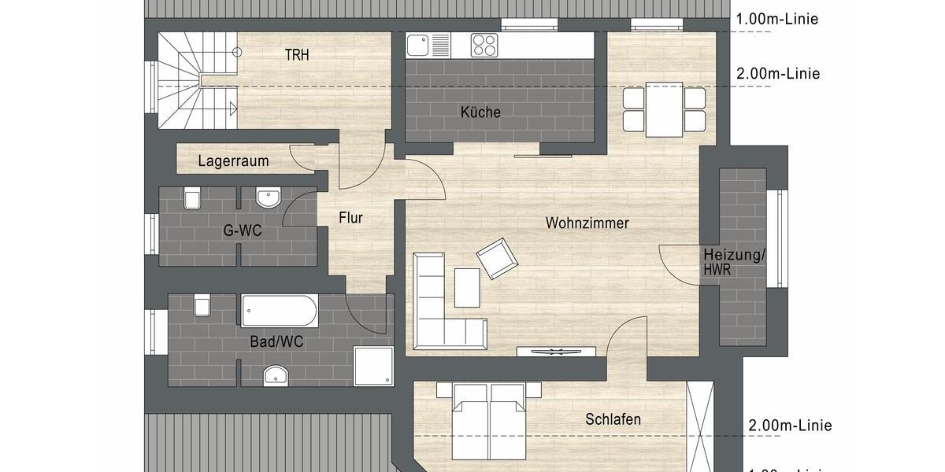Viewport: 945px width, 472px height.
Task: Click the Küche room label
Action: point(480,112)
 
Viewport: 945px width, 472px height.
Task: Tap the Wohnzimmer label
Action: point(587,223)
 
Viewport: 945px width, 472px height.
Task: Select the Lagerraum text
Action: point(233,161)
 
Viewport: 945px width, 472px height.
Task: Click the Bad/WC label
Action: point(276,342)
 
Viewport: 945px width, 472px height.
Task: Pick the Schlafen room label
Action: point(613,419)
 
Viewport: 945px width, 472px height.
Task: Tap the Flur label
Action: point(350,218)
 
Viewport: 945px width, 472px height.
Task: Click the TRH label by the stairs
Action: point(298,54)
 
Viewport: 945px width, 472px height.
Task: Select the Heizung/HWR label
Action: point(734,261)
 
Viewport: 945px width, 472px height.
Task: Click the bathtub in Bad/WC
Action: point(280,311)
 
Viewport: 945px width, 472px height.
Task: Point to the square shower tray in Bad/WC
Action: point(373,367)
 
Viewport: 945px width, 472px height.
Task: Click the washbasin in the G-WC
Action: point(268,197)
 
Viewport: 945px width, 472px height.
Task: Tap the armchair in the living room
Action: point(496,259)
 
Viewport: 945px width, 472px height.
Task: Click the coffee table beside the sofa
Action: point(467,287)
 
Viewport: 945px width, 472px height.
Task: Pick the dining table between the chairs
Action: point(664,109)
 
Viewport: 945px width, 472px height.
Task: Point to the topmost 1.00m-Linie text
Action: point(776,19)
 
